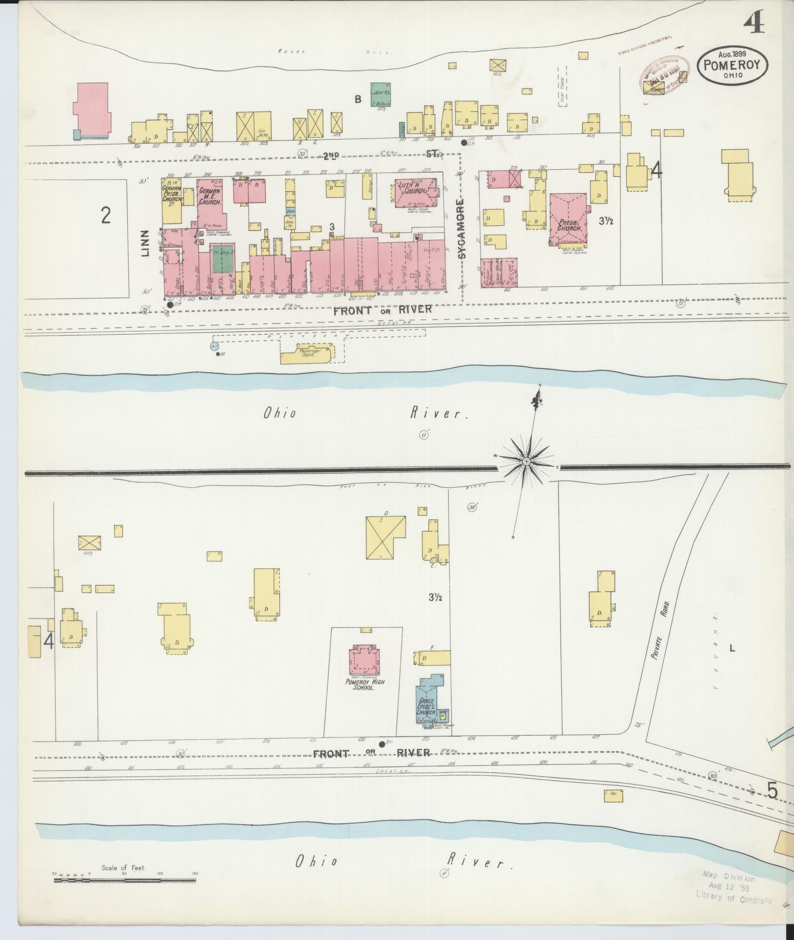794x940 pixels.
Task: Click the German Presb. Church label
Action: (x=172, y=199)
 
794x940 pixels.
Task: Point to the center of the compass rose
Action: (x=527, y=461)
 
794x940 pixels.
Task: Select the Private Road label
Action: (x=659, y=634)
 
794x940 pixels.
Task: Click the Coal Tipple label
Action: (x=562, y=88)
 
